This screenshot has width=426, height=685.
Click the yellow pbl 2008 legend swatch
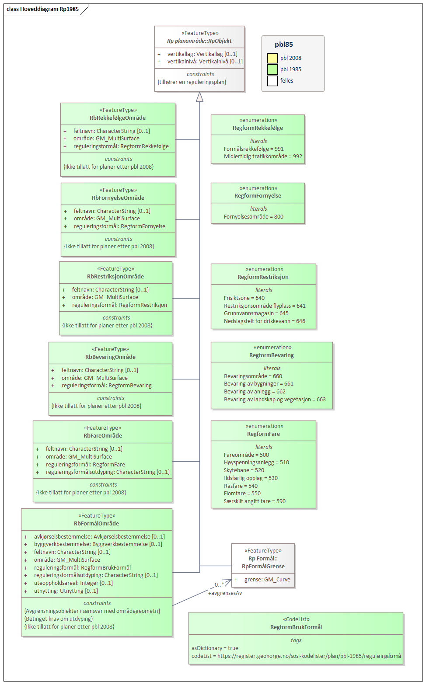tap(272, 58)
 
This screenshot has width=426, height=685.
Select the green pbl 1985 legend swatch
tap(272, 70)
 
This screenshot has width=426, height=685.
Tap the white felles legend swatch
tap(272, 81)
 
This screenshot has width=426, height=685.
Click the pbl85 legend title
tap(284, 45)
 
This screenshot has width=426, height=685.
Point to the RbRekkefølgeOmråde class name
tap(118, 118)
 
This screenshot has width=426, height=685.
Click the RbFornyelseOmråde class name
tap(118, 198)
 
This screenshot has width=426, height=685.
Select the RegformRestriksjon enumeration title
tap(263, 277)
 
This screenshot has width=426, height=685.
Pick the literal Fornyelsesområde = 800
tap(254, 217)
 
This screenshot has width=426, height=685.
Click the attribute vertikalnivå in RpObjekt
tap(205, 62)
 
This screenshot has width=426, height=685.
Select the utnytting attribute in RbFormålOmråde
tap(66, 591)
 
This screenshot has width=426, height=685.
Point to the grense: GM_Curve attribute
tap(267, 580)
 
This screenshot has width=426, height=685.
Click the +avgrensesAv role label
tap(225, 593)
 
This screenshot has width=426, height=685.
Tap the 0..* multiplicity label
tap(219, 584)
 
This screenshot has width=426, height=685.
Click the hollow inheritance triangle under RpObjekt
tap(199, 97)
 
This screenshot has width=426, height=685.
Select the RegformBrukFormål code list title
tap(296, 627)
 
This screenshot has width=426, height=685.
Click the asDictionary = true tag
tap(215, 648)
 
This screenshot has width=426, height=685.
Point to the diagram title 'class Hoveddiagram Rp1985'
tap(42, 9)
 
